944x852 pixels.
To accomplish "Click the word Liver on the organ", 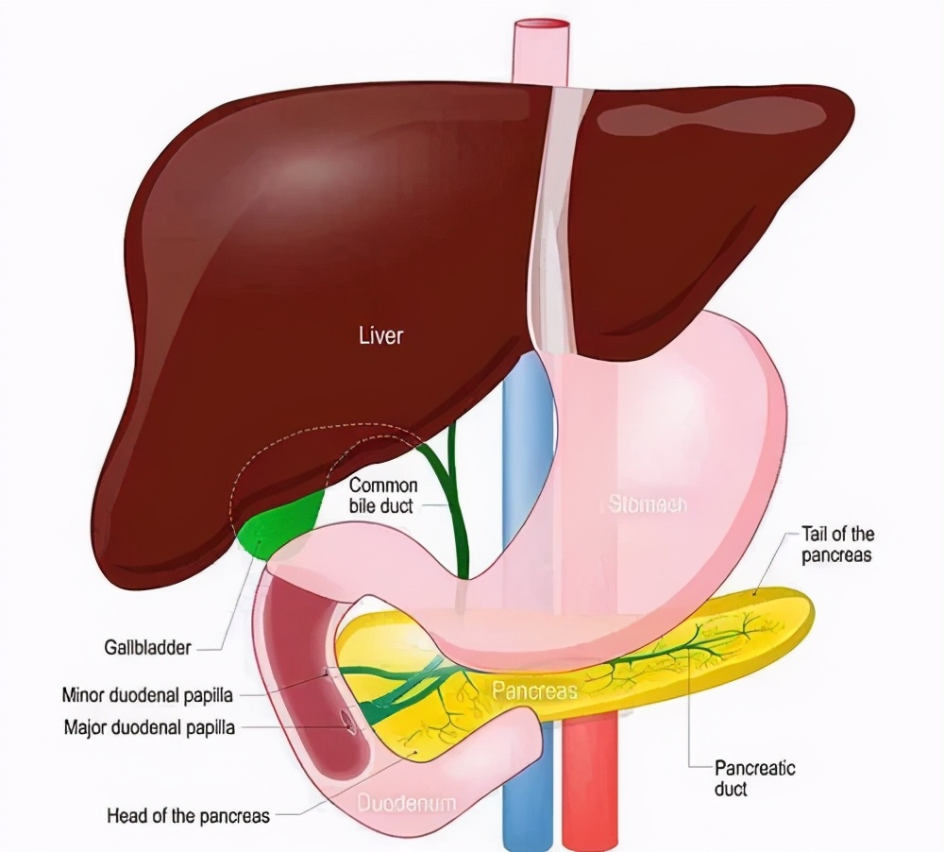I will point(380,335).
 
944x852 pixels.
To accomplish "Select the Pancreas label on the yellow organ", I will point(534,691).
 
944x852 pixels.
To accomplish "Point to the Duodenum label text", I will point(406,804).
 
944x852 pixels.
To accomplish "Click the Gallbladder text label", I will point(147,648).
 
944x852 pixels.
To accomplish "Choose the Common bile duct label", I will point(383,496).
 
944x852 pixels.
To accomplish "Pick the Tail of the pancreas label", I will point(836,546).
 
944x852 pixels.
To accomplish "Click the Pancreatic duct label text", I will point(754,777).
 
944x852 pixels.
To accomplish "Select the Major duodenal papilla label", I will point(149,727).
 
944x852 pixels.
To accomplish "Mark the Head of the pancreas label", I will point(189,814).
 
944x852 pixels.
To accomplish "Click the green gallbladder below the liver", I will point(278,529).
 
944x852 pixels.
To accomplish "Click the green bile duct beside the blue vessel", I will point(460,510).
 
